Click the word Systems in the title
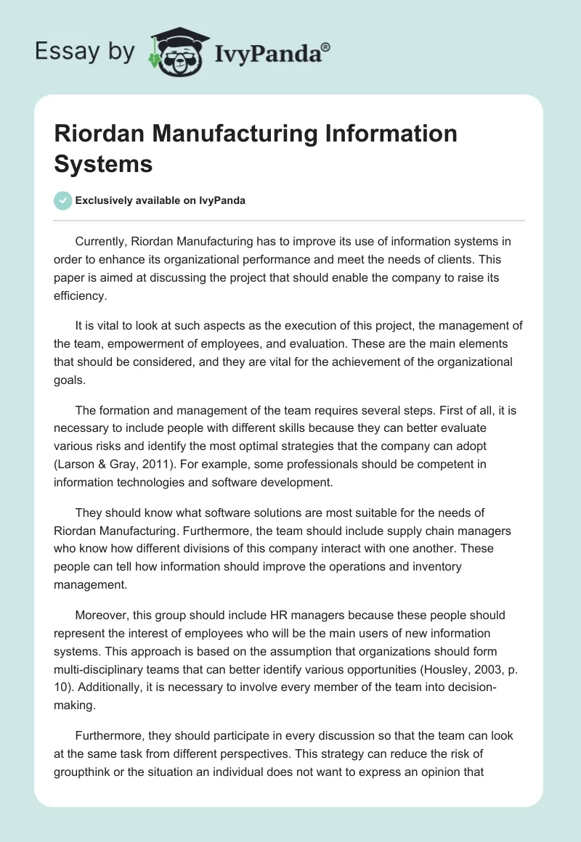click(103, 163)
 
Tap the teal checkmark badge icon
click(62, 201)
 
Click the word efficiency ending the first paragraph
click(81, 295)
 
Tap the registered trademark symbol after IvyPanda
click(326, 47)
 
